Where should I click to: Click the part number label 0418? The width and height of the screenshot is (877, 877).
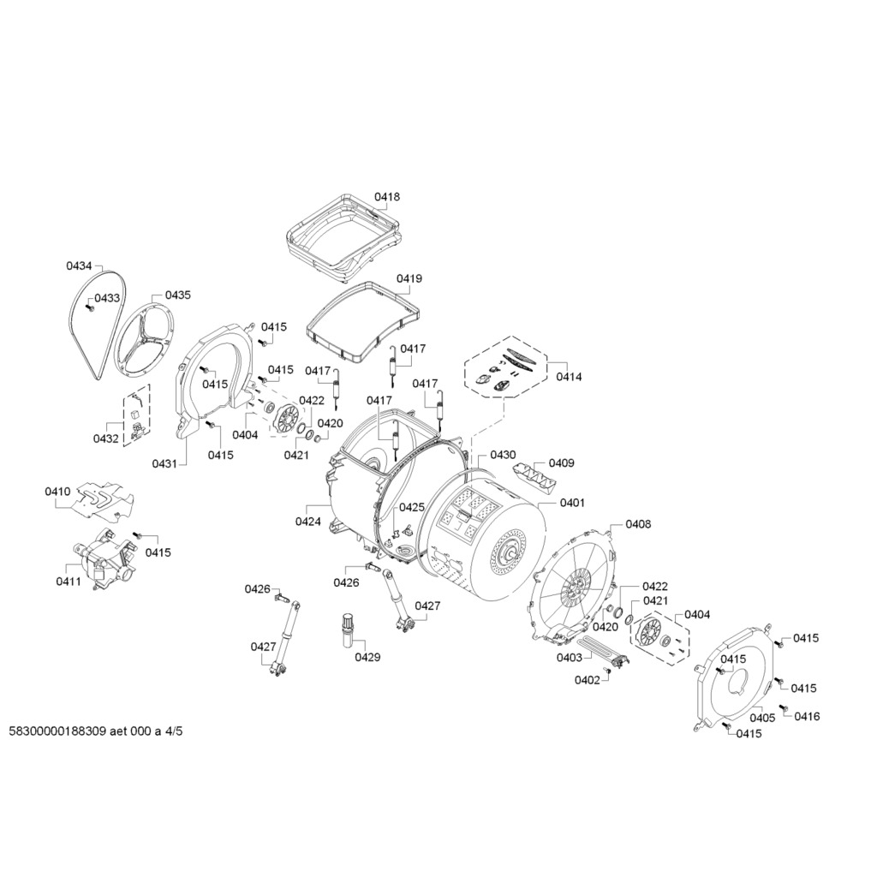387,197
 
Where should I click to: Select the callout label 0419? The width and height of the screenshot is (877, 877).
409,279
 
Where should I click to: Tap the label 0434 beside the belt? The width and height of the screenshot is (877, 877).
79,266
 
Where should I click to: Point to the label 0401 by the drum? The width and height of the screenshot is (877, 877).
572,503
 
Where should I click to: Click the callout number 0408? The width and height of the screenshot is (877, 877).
638,524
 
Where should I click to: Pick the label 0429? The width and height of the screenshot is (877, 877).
367,657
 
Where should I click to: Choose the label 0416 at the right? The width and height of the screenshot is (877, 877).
806,716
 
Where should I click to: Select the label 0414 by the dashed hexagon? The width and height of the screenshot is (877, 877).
568,377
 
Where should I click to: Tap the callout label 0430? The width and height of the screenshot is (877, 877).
503,455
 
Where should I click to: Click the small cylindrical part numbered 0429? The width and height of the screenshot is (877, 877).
349,631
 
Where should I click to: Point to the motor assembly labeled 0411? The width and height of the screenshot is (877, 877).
104,561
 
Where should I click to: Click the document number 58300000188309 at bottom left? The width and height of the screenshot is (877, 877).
57,732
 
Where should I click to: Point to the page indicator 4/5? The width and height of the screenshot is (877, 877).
174,732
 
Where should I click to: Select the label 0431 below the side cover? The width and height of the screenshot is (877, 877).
164,463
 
